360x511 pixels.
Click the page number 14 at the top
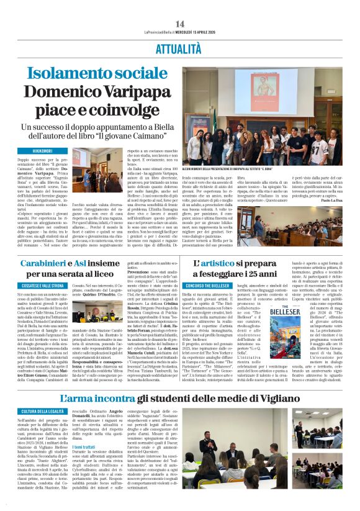(180, 24)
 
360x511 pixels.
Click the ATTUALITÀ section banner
(179, 47)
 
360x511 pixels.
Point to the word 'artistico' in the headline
(224, 264)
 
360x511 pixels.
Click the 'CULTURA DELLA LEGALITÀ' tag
(48, 412)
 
